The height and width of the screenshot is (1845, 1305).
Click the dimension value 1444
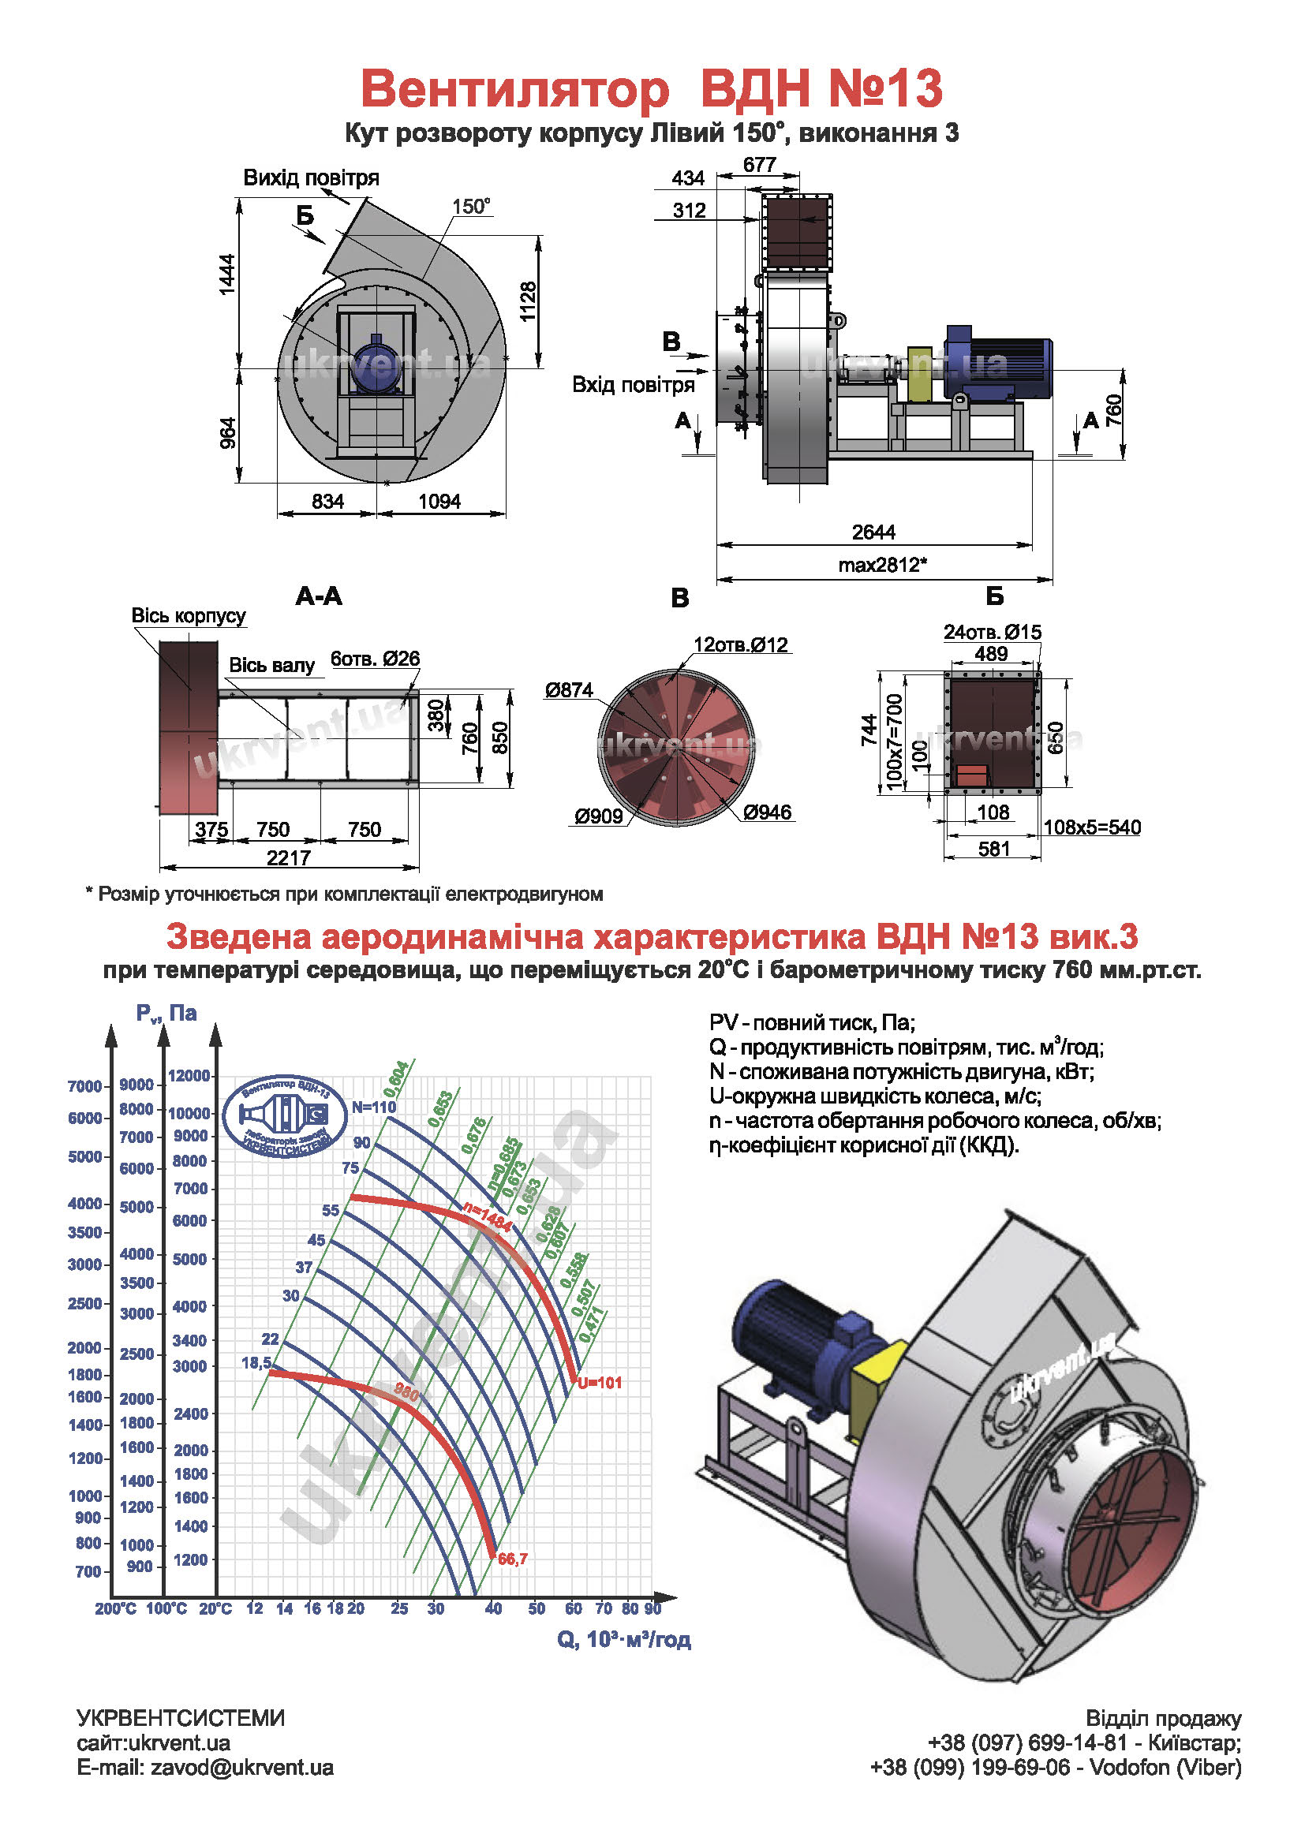pos(228,274)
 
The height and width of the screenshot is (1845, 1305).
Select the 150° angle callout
pos(471,207)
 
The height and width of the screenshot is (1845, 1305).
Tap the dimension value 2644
pos(873,532)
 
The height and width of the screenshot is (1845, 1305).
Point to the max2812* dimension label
pos(882,565)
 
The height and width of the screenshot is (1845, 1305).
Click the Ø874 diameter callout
pos(569,690)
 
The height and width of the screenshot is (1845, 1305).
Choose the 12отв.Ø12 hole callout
pos(740,644)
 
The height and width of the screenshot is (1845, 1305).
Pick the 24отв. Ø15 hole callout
pos(992,633)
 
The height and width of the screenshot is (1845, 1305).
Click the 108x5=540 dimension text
pos(1091,827)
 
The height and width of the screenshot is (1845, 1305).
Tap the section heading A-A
pos(319,596)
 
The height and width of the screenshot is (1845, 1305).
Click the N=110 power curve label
pos(374,1107)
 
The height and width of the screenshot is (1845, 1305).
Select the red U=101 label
pos(600,1383)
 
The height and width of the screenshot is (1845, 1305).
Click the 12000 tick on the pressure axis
pos(189,1075)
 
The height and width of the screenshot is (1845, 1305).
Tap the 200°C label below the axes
pos(116,1608)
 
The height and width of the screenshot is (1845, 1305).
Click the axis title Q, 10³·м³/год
pos(623,1639)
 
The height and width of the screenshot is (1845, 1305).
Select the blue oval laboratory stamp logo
pos(286,1116)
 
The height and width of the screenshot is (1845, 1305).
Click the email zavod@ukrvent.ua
pos(241,1768)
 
